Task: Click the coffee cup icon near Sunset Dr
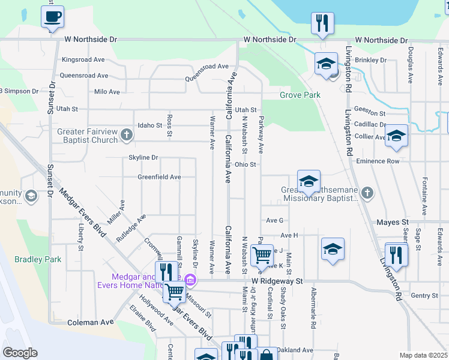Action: tap(52, 16)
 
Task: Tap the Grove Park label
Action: tap(300, 95)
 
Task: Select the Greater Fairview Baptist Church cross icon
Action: tap(126, 134)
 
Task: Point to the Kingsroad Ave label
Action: tap(83, 60)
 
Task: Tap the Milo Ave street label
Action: tap(107, 92)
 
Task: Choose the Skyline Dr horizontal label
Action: tap(143, 158)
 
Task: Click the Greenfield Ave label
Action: tap(159, 177)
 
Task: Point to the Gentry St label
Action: tap(425, 296)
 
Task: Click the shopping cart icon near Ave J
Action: tap(262, 255)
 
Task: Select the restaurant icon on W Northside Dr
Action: tap(322, 23)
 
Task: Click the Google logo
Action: tap(20, 353)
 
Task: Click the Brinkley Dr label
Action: tap(371, 60)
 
